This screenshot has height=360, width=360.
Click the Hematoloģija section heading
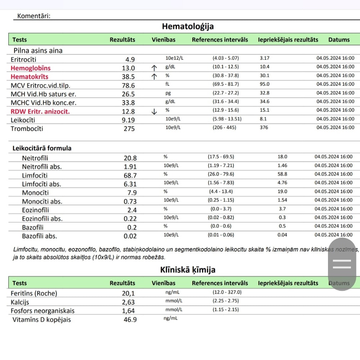(x=188, y=26)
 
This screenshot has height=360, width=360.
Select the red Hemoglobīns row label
(x=31, y=68)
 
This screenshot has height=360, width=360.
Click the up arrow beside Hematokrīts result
(x=154, y=76)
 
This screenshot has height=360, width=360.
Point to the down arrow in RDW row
(x=154, y=111)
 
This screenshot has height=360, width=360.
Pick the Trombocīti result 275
(x=129, y=129)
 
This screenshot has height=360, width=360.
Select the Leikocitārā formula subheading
(x=42, y=148)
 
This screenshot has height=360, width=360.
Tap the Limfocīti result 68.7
(x=130, y=175)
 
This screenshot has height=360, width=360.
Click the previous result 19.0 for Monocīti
(x=283, y=191)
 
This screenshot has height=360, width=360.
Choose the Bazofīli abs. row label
(x=40, y=236)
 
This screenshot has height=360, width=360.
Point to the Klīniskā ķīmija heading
(x=188, y=270)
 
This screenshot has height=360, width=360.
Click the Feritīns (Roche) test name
(x=34, y=293)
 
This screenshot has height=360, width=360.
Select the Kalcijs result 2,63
(x=129, y=302)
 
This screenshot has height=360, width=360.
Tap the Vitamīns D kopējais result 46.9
(x=130, y=320)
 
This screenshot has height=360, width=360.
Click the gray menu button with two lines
(x=342, y=264)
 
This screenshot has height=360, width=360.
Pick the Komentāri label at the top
(x=34, y=16)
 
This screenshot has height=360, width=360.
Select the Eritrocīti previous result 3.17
(x=265, y=58)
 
